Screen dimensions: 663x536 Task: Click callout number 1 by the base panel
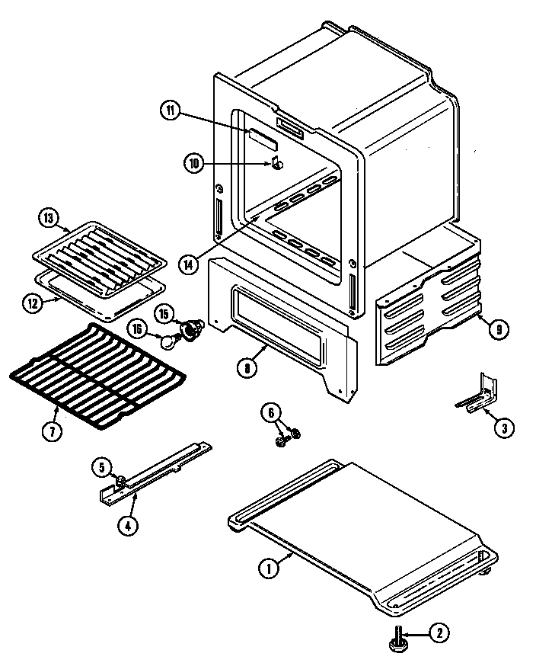pos(267,567)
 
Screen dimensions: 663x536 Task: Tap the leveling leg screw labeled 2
pos(399,640)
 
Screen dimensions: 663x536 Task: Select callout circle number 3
pos(502,428)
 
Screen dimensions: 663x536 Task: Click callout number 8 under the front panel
pos(246,367)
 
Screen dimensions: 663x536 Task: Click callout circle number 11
pos(170,110)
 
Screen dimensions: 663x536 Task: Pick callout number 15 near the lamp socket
pos(164,312)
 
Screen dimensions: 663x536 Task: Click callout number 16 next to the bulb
pos(136,330)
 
